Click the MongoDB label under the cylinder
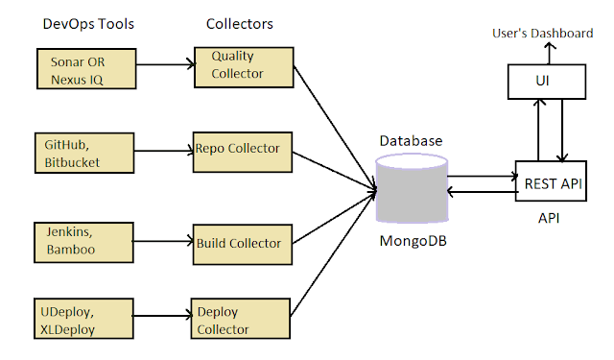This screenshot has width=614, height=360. tap(411, 241)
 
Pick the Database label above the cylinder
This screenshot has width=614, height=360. tap(411, 140)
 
